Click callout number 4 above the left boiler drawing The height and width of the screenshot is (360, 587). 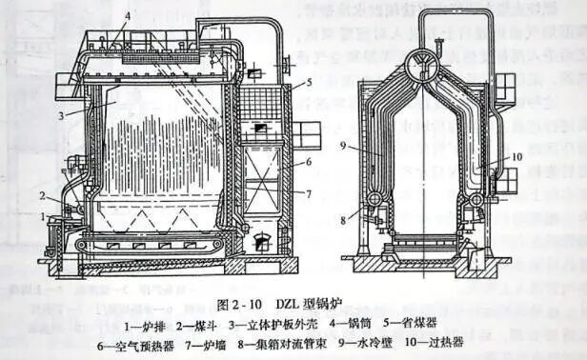pos(129,17)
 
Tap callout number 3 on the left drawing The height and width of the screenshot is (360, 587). pos(59,114)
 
